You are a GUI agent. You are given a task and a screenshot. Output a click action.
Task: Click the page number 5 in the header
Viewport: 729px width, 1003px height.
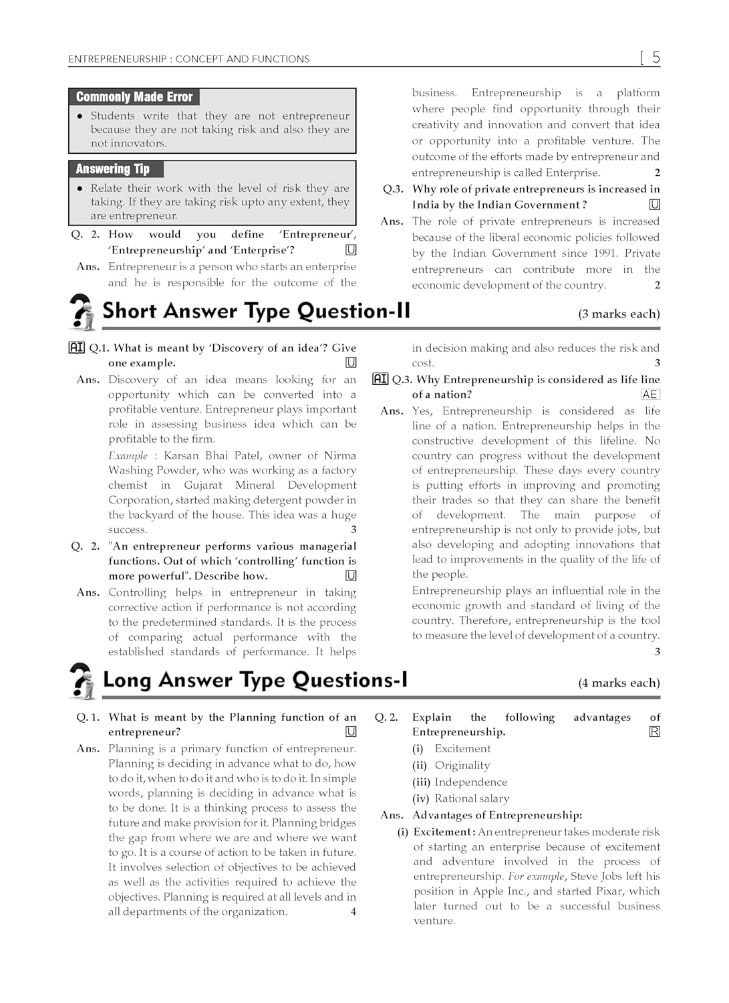pos(655,58)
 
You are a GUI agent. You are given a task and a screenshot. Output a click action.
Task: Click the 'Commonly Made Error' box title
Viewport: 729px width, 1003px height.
pos(134,97)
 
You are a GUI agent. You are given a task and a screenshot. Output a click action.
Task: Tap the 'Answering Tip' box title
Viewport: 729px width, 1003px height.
pos(112,169)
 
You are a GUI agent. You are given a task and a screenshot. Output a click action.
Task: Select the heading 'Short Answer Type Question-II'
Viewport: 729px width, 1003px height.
pos(256,311)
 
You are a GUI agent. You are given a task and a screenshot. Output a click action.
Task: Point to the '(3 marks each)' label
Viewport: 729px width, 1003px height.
pos(619,314)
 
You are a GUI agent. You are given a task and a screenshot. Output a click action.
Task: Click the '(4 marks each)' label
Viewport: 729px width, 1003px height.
pos(619,683)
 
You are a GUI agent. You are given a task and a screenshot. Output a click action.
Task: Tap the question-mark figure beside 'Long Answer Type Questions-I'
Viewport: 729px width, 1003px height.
pos(82,681)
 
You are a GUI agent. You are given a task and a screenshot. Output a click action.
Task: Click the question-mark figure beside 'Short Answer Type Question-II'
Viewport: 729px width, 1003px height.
pos(82,312)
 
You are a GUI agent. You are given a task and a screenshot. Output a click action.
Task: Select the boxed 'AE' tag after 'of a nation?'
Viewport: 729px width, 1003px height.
pos(649,395)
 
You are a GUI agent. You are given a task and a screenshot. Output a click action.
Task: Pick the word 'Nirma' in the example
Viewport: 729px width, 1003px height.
pos(340,455)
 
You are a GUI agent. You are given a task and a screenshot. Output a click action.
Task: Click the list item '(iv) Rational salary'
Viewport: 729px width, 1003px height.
pos(461,798)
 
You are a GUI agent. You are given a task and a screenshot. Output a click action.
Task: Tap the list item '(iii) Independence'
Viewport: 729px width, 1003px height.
pos(460,782)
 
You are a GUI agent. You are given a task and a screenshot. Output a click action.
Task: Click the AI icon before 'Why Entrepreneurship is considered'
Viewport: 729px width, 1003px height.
pos(380,379)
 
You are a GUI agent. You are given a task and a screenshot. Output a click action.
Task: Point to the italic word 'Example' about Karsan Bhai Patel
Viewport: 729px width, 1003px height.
pos(128,455)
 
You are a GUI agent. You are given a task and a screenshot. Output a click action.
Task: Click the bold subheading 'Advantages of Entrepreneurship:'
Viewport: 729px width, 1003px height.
pos(497,815)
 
